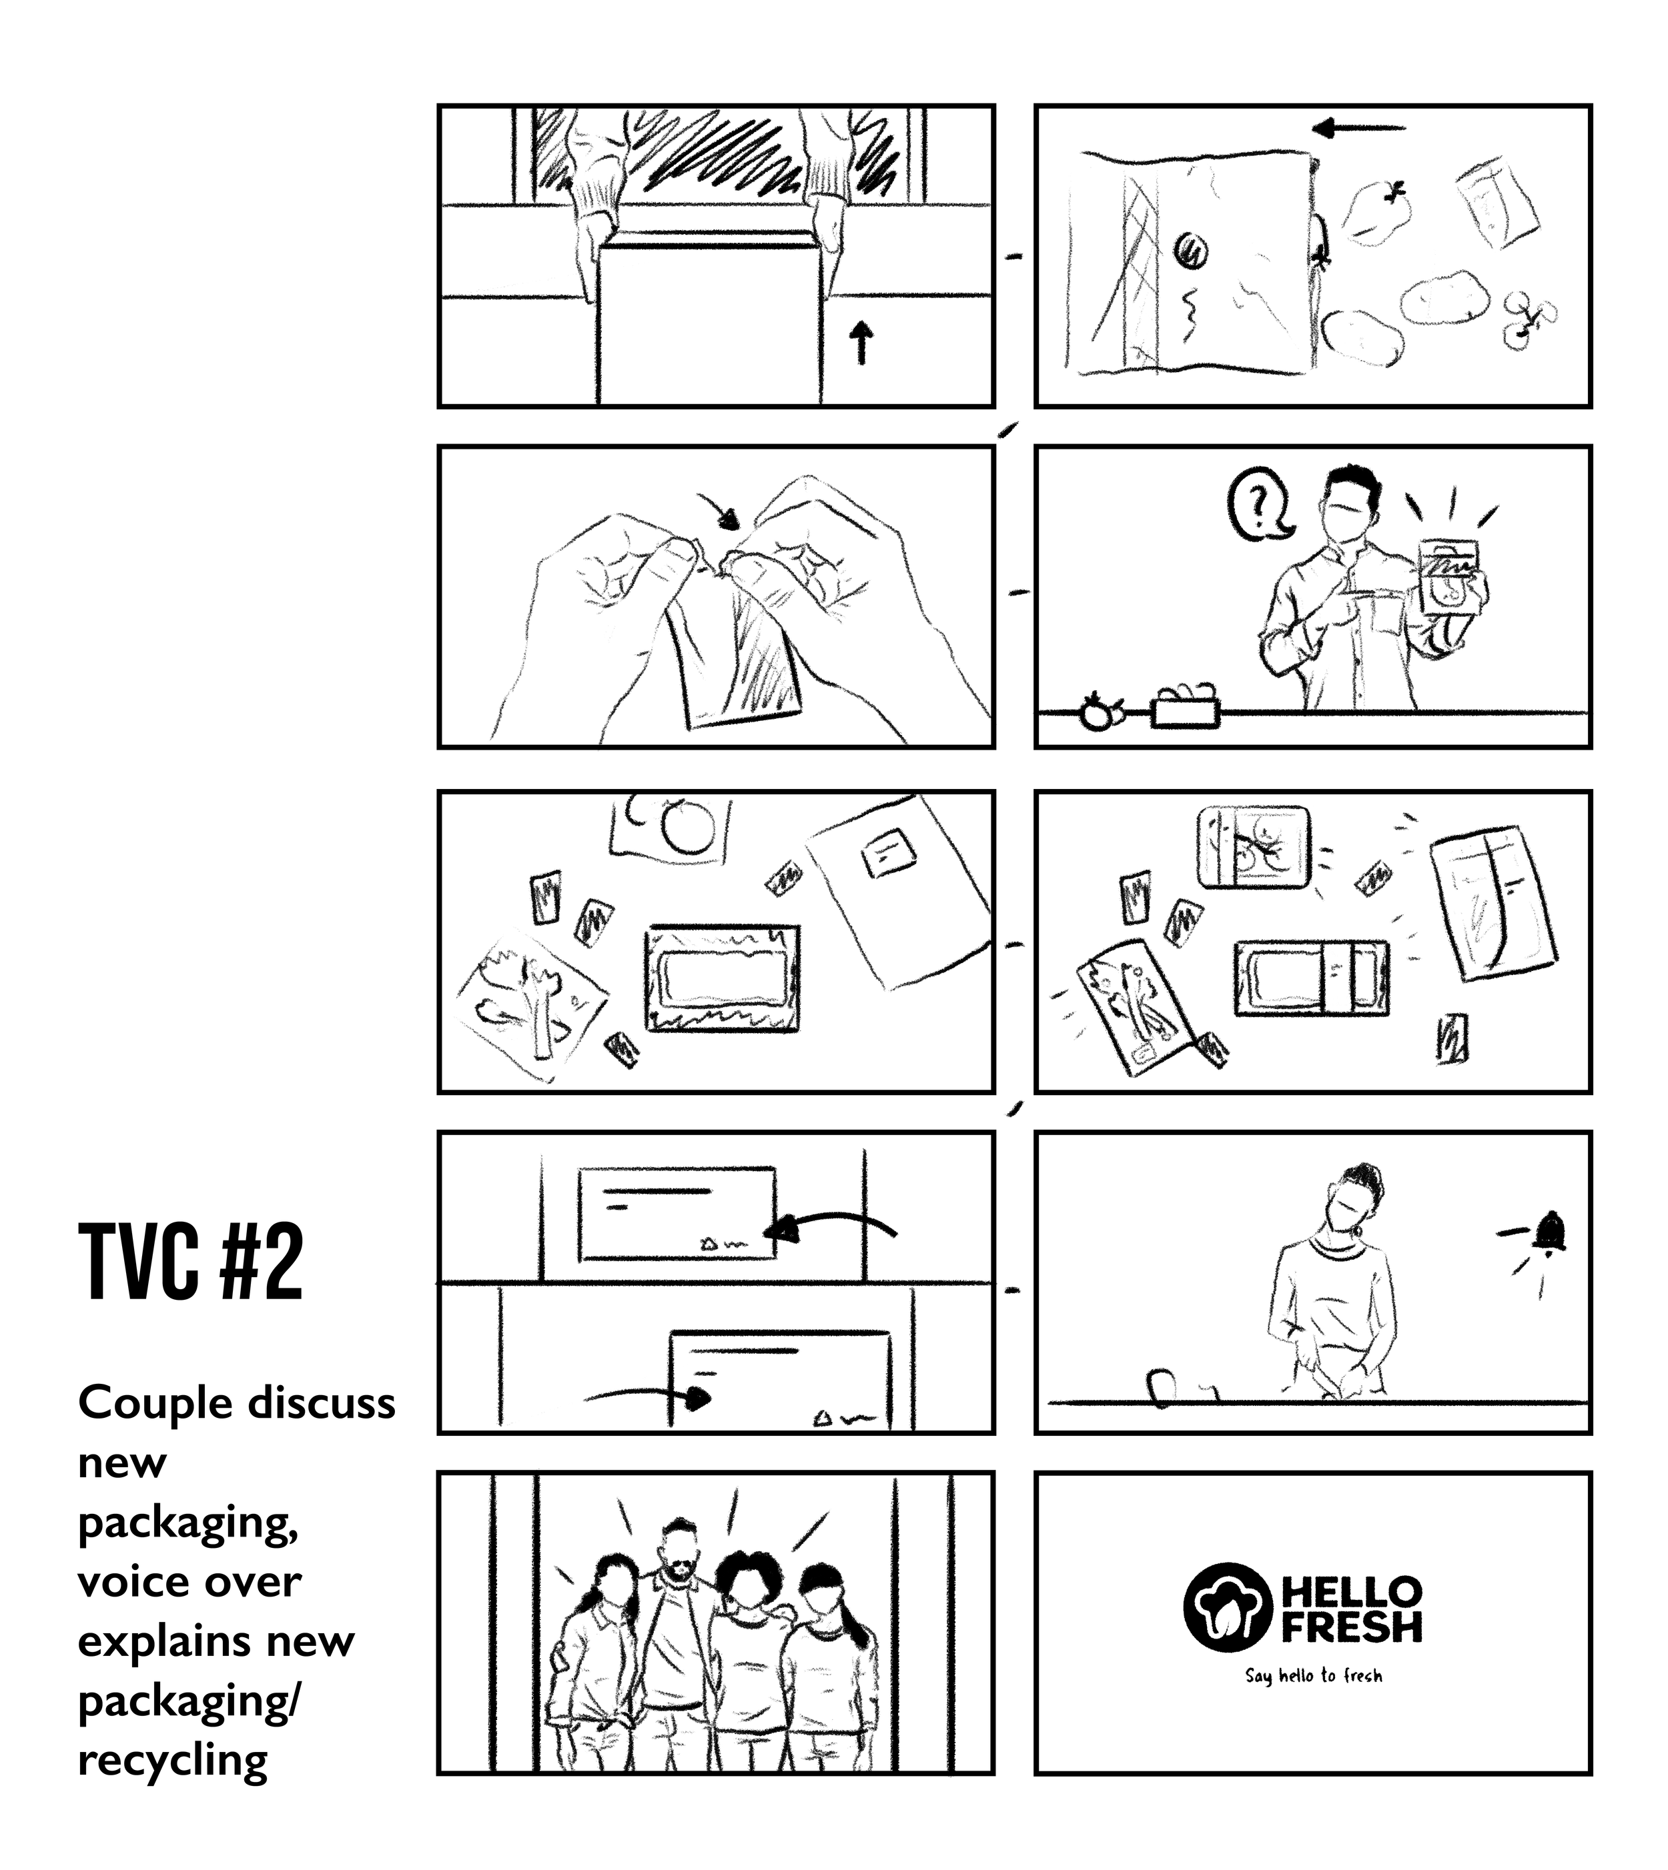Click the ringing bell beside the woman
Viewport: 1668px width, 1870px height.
[x=1551, y=1233]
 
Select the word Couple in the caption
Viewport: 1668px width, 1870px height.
[x=145, y=1402]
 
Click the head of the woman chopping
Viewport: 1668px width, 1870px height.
[x=1357, y=1198]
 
